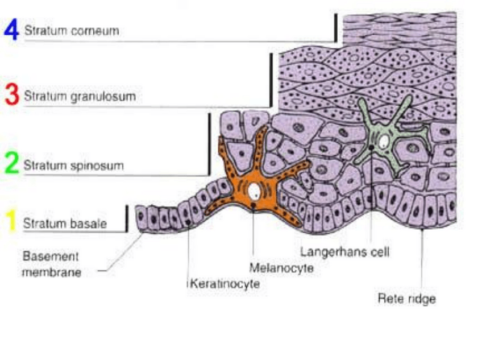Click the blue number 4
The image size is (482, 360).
click(11, 30)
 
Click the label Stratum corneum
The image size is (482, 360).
click(71, 31)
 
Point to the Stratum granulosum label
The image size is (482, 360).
click(79, 96)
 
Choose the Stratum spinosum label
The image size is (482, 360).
click(73, 165)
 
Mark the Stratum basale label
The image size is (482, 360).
click(64, 224)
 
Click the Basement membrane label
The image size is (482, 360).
click(51, 264)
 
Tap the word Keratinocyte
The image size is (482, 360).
click(224, 283)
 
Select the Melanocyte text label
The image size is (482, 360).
click(281, 267)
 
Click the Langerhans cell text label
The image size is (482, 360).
click(344, 251)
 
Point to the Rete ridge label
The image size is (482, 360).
click(406, 297)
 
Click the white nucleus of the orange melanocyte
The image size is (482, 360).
click(255, 192)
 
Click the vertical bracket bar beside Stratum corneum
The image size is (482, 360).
click(336, 27)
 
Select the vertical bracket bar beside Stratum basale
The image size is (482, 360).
click(126, 219)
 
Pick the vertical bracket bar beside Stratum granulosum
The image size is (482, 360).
click(271, 80)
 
